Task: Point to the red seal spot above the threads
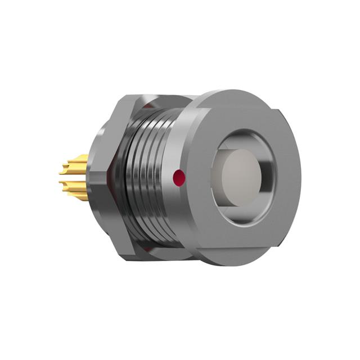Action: [147, 106]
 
